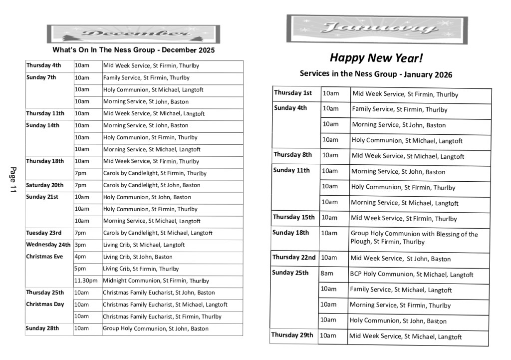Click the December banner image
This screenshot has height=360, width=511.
[x=133, y=34]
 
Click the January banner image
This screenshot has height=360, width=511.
[x=377, y=28]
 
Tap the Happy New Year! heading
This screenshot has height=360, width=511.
[x=376, y=58]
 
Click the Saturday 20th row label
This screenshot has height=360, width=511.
[x=45, y=185]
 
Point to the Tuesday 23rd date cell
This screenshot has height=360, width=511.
[x=44, y=233]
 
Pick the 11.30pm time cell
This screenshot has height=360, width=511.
[x=86, y=281]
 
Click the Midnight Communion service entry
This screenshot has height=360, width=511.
[x=156, y=281]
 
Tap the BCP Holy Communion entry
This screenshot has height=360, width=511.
[x=411, y=275]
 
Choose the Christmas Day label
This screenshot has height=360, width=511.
[x=45, y=305]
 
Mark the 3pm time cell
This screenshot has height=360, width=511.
[x=80, y=245]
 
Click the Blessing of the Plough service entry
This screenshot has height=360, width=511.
[x=414, y=238]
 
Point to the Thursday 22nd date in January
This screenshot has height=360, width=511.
[x=294, y=258]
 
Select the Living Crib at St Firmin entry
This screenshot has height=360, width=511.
[x=141, y=269]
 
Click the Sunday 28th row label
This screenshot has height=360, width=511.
[x=42, y=329]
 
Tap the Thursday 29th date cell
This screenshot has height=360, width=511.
[x=292, y=335]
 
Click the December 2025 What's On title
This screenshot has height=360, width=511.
[x=133, y=50]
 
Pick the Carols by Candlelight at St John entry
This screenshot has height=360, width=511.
[x=152, y=185]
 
